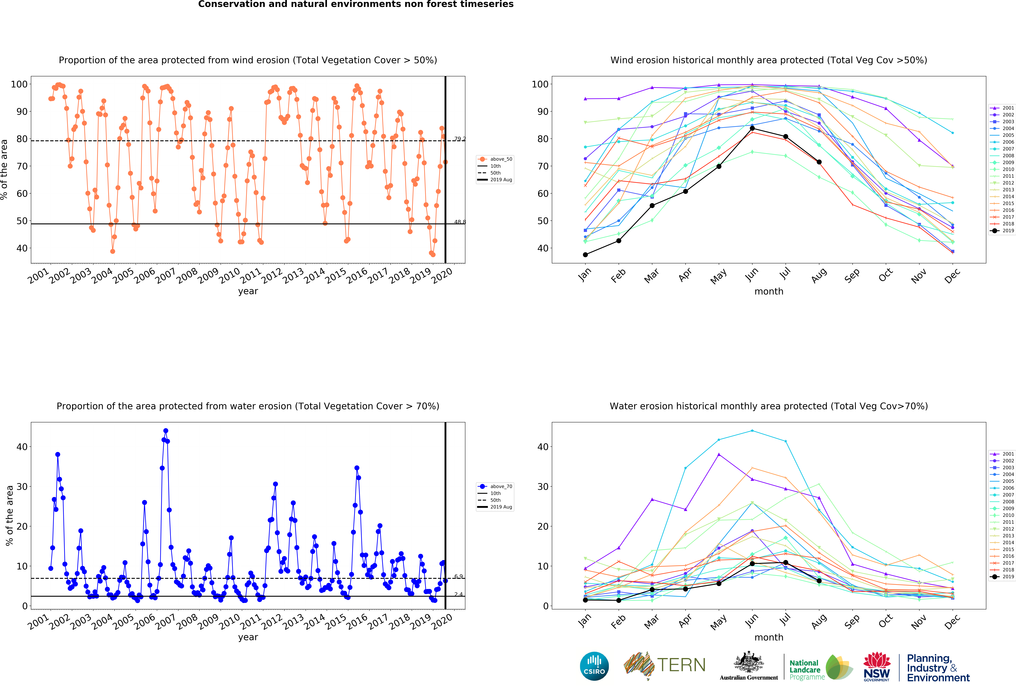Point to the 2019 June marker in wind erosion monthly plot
coord(752,128)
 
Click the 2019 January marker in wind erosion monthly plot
coord(585,255)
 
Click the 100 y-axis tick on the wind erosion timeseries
coord(19,84)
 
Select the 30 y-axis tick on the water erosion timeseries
coord(22,486)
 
